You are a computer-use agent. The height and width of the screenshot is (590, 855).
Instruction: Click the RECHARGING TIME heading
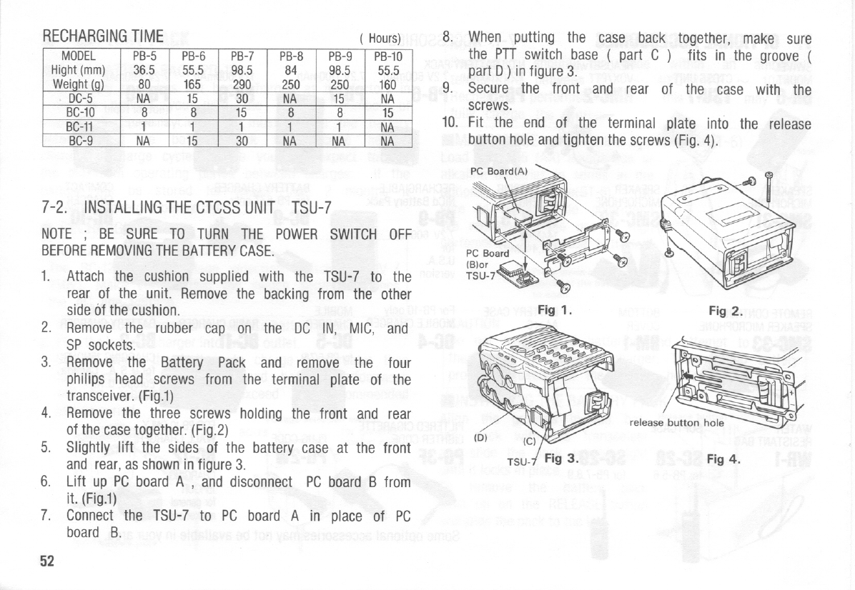pos(103,36)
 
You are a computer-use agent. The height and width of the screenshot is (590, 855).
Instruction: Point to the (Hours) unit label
pos(384,39)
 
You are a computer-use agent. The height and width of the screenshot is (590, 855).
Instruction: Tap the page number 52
pos(47,561)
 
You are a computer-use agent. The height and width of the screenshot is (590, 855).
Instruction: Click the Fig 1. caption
pos(556,311)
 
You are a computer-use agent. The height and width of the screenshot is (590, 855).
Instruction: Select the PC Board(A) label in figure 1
pos(499,171)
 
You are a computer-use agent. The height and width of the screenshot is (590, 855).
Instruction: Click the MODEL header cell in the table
pos(79,56)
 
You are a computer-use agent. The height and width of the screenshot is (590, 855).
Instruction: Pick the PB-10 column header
pos(389,56)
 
